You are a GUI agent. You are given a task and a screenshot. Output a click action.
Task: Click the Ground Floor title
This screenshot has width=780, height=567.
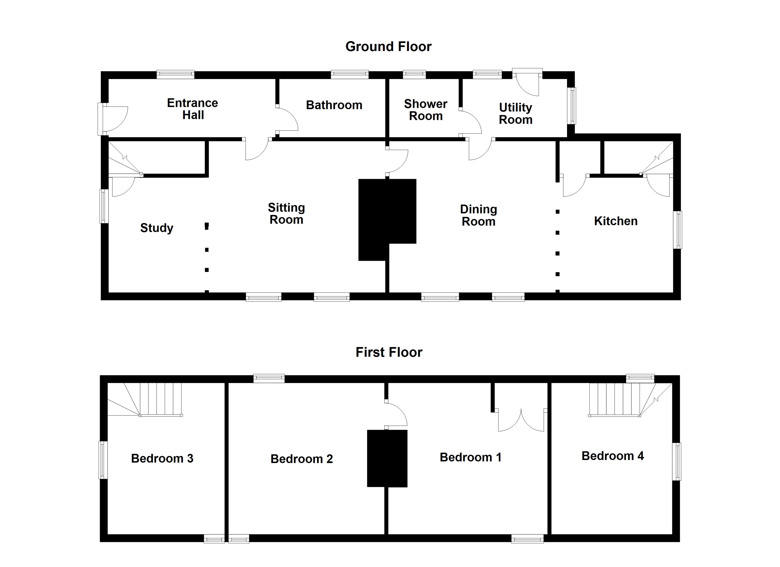coord(388,46)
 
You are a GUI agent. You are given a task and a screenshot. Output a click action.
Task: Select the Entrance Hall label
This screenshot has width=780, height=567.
coord(193,109)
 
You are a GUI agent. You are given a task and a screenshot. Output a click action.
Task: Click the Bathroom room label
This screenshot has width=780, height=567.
coord(334,105)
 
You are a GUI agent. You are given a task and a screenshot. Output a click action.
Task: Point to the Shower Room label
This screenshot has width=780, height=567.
coord(425,110)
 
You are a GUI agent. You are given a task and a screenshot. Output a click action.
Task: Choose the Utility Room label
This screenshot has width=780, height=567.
coord(516,113)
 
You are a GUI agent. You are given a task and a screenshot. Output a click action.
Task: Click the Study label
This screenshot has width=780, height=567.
coord(156,228)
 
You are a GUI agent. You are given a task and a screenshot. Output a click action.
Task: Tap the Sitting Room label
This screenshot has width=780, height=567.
coord(286,214)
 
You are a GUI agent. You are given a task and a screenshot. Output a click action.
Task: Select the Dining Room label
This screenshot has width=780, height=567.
coord(478,215)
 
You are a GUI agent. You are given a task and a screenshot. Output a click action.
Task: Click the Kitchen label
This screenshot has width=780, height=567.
coord(615,221)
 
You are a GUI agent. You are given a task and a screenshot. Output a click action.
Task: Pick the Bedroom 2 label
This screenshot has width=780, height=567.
coord(302,459)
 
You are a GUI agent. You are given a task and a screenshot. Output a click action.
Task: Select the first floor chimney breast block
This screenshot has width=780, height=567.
coord(387,458)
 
